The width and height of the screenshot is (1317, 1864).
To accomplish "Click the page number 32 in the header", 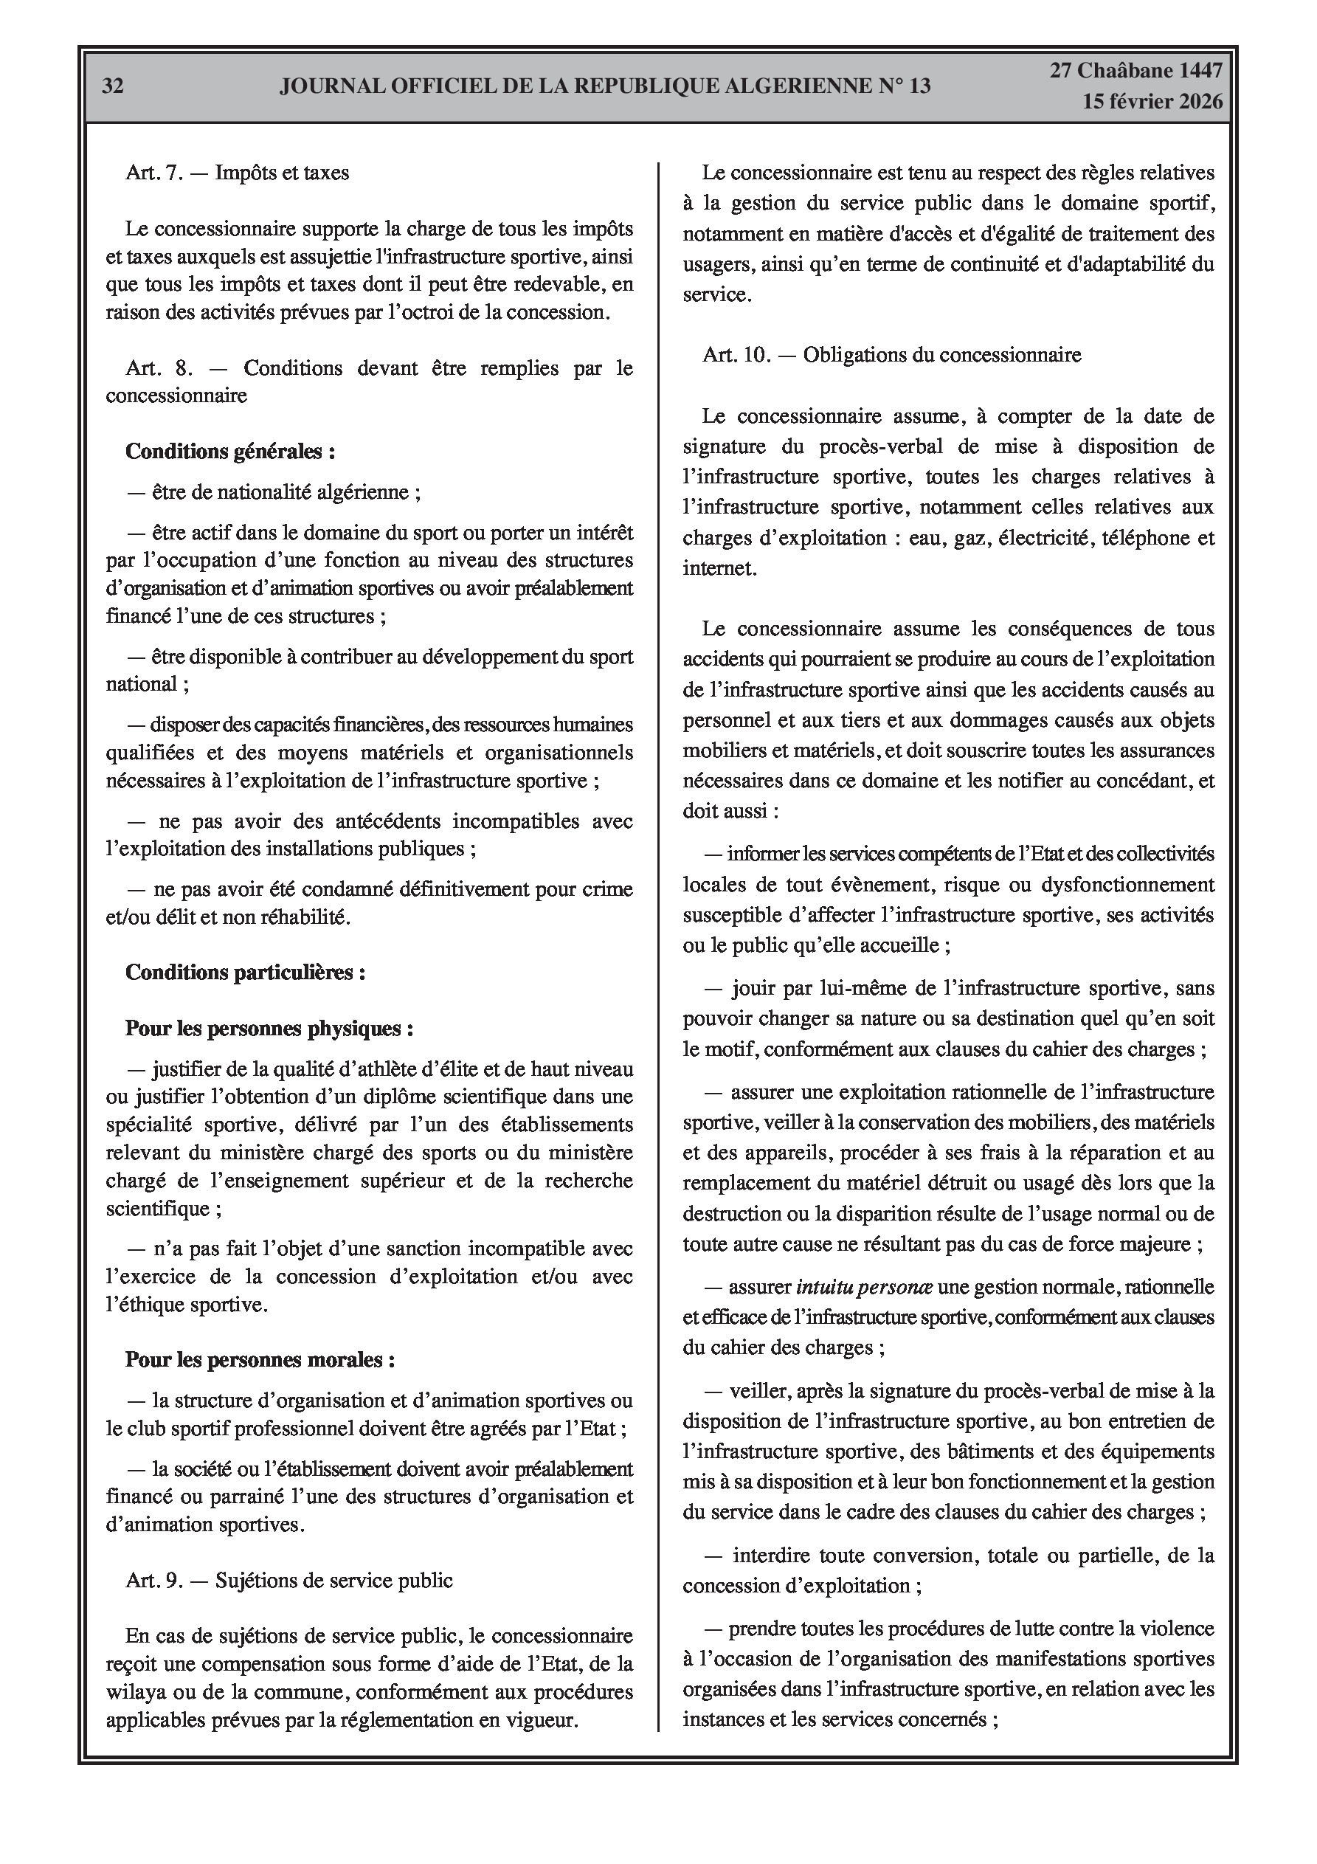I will pos(113,87).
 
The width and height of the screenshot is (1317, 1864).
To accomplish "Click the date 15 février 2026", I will pos(1151,102).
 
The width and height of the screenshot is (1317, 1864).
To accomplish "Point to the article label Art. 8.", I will pos(159,368).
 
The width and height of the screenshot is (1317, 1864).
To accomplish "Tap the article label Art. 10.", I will pos(736,355).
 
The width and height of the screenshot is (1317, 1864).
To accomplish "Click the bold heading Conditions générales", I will pos(229,452).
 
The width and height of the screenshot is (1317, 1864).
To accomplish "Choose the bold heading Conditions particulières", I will pos(244,973).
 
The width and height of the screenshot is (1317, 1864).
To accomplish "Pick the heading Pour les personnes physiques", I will pos(269,1029).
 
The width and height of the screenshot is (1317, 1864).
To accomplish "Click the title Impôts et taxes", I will pos(282,173).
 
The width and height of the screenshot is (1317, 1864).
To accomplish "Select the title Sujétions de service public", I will pos(333,1581).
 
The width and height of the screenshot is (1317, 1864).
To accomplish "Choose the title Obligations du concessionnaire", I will pos(942,355).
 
